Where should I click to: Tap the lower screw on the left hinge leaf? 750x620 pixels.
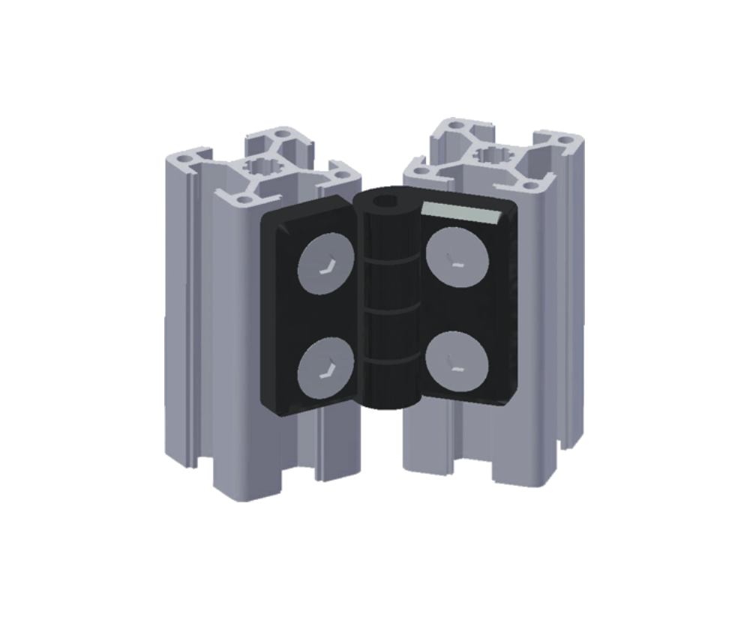[x=326, y=366]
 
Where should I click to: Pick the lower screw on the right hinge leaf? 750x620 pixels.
[x=457, y=361]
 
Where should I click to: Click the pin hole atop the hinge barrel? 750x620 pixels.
[x=386, y=201]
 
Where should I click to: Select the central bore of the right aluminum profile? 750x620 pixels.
[x=493, y=155]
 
